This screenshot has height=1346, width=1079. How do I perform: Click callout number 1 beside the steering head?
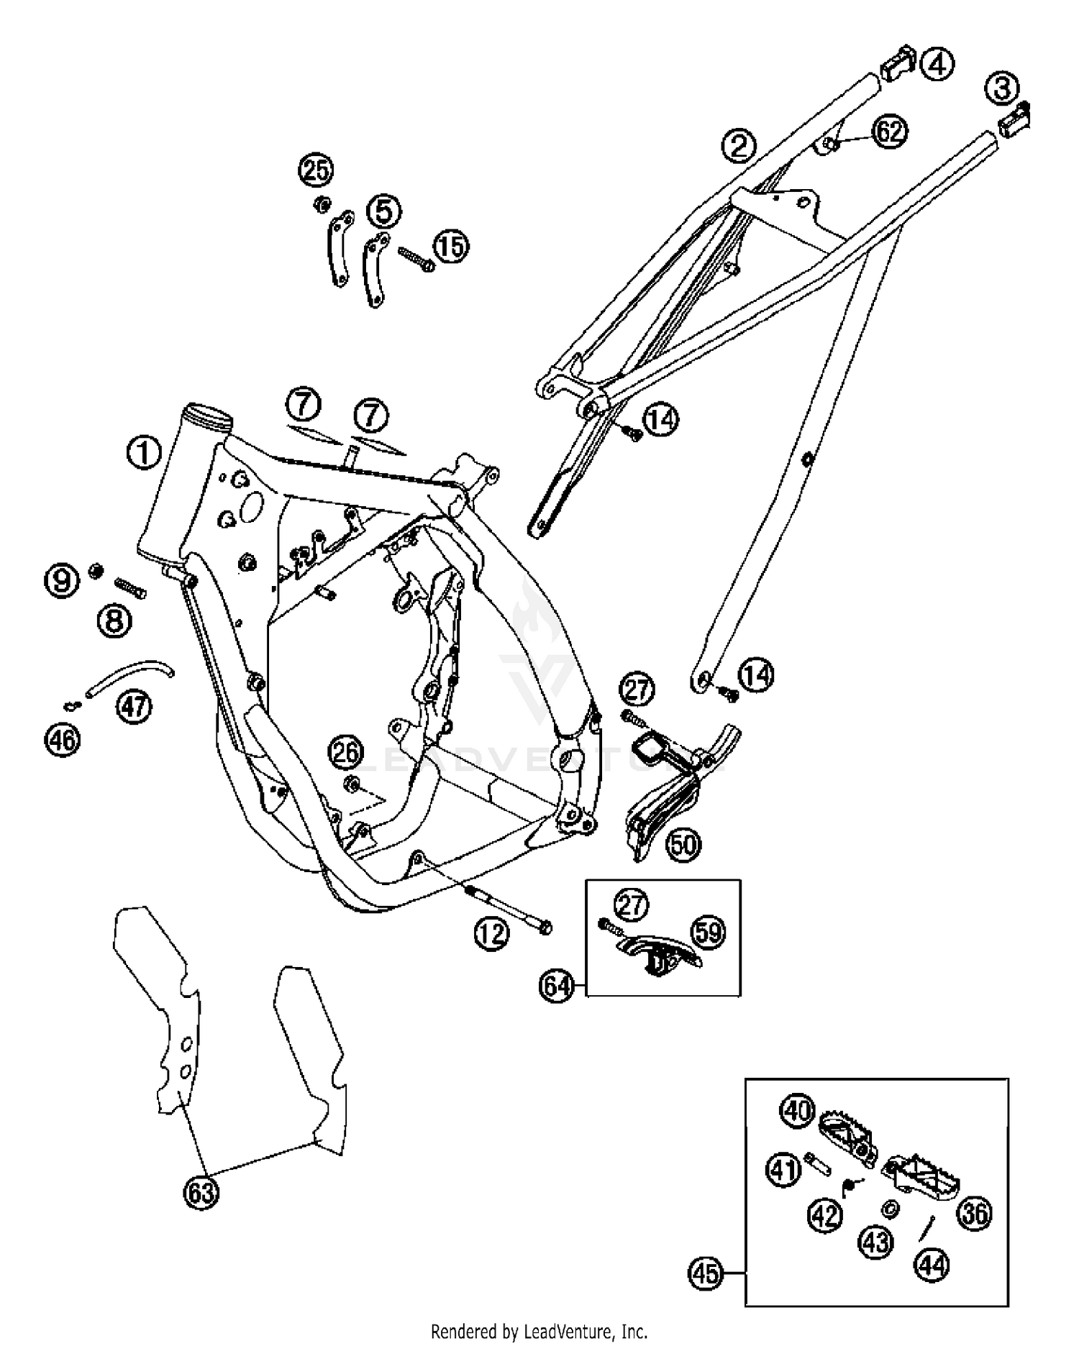[x=144, y=453]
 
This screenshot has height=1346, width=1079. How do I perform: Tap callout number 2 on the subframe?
[x=739, y=146]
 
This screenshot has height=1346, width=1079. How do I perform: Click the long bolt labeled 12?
[x=511, y=910]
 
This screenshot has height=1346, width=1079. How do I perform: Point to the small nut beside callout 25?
[x=322, y=204]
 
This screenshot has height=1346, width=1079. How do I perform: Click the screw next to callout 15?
[x=415, y=260]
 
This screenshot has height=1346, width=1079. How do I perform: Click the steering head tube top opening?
[x=208, y=415]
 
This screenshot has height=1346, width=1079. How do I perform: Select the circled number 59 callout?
[x=709, y=933]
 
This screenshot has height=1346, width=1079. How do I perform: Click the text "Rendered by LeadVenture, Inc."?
[x=539, y=1331]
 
